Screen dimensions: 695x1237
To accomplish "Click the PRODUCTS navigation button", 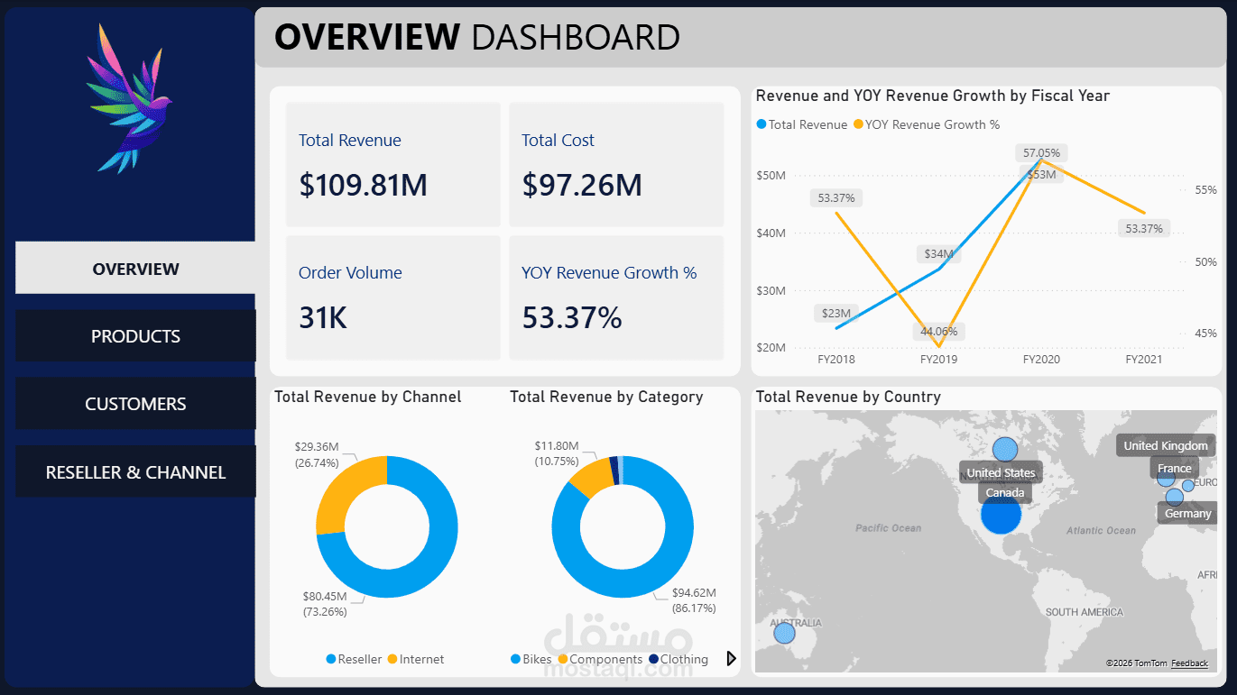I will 135,336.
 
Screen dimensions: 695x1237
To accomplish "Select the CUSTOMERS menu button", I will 135,404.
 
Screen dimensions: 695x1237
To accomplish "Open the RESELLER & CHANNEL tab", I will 135,472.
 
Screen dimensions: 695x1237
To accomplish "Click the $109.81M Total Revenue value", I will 363,185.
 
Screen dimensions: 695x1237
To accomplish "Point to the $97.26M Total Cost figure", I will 582,185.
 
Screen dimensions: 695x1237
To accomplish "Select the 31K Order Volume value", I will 322,317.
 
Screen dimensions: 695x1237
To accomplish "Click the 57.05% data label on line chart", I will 1041,152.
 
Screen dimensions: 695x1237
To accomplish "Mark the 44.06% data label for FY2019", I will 938,331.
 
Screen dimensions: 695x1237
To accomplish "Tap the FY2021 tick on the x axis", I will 1143,359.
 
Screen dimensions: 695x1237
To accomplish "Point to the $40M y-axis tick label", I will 771,233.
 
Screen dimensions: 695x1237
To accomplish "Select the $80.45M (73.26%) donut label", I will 325,604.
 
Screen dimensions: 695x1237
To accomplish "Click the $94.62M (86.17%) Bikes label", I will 694,600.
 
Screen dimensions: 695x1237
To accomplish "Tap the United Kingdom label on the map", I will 1165,445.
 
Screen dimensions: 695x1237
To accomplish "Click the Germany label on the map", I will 1187,513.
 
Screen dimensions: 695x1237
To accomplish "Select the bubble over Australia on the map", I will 785,634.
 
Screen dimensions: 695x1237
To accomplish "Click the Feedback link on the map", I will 1189,663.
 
